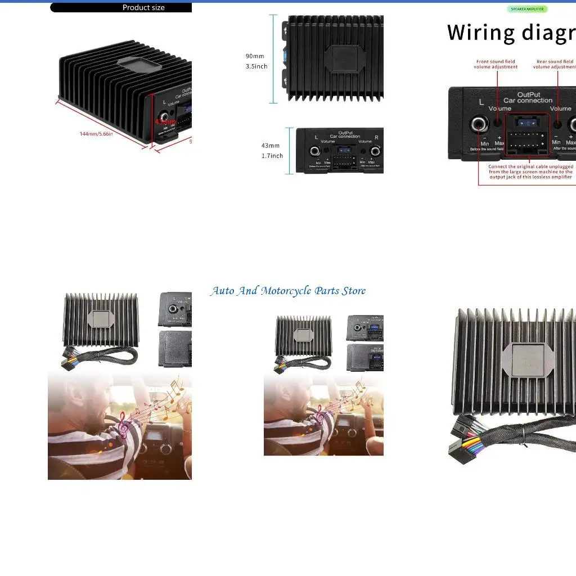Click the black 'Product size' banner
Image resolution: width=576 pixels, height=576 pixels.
click(x=121, y=8)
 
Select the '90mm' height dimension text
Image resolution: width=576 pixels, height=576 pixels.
click(x=255, y=56)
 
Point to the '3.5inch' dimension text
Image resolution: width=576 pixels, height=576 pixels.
click(x=256, y=66)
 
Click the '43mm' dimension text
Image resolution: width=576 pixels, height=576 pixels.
click(x=271, y=146)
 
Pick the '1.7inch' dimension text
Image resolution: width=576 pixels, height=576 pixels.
click(x=272, y=156)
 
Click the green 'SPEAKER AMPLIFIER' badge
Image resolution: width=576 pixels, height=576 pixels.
click(x=527, y=9)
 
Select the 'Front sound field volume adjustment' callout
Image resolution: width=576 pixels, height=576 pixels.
click(x=496, y=64)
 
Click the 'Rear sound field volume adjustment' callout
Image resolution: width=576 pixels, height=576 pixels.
click(x=555, y=64)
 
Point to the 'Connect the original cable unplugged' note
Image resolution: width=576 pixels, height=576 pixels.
click(x=530, y=172)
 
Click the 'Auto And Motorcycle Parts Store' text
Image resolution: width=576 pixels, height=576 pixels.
click(x=288, y=291)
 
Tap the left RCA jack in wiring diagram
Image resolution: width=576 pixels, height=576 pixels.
click(x=480, y=124)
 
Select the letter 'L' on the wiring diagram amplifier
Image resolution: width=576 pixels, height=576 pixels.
click(x=481, y=102)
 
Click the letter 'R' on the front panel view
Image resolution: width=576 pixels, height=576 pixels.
click(x=376, y=137)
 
